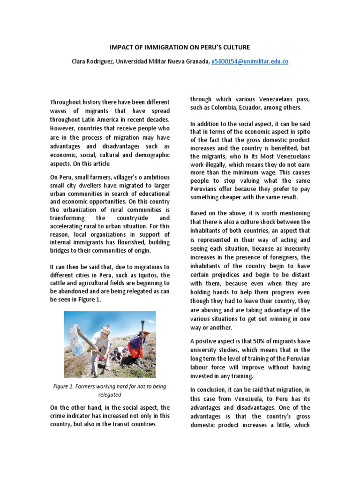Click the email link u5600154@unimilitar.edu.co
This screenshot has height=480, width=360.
[x=249, y=61]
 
